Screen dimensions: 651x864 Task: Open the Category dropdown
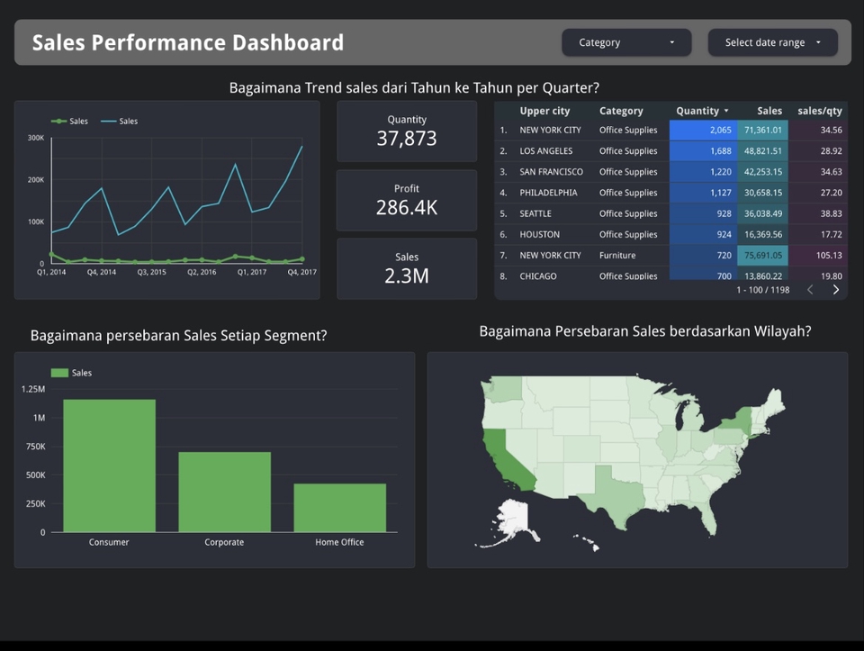point(626,42)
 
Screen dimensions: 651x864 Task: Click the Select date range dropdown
point(772,42)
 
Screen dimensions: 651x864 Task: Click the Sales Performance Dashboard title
point(188,42)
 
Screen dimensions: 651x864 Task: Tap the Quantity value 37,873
point(407,139)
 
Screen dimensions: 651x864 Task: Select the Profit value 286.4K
point(407,207)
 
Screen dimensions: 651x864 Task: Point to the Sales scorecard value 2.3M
point(407,276)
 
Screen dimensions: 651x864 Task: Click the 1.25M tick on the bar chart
point(32,389)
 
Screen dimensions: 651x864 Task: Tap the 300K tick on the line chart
point(35,138)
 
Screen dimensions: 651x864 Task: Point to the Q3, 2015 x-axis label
point(151,272)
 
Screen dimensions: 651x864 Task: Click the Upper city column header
point(544,111)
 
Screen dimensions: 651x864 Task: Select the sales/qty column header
point(819,111)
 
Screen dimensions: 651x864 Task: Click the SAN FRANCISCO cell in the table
point(551,172)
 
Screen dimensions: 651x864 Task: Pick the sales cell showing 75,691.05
point(762,256)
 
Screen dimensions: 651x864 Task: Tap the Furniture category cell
point(617,256)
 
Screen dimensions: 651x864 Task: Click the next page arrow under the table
point(835,290)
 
